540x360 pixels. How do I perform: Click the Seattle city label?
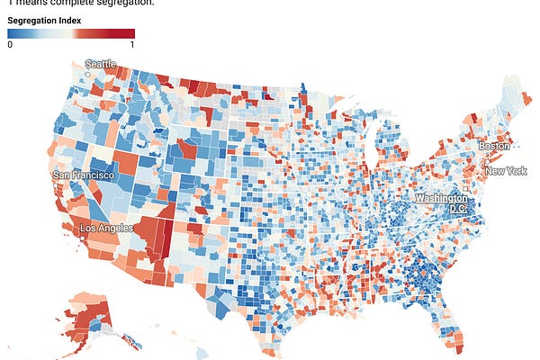(101, 64)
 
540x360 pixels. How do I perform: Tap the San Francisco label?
(84, 175)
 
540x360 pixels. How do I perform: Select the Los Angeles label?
(106, 228)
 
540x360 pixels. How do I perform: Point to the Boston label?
(495, 146)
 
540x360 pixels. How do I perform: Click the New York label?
(505, 171)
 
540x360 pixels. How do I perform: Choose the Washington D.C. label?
(441, 197)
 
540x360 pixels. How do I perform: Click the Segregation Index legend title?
(45, 19)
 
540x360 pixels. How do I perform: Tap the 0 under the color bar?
(10, 44)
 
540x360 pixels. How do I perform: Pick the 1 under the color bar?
(132, 44)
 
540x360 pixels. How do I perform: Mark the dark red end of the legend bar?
(130, 33)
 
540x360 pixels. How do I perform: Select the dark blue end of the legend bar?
(12, 33)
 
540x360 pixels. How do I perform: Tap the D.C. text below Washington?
(459, 208)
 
